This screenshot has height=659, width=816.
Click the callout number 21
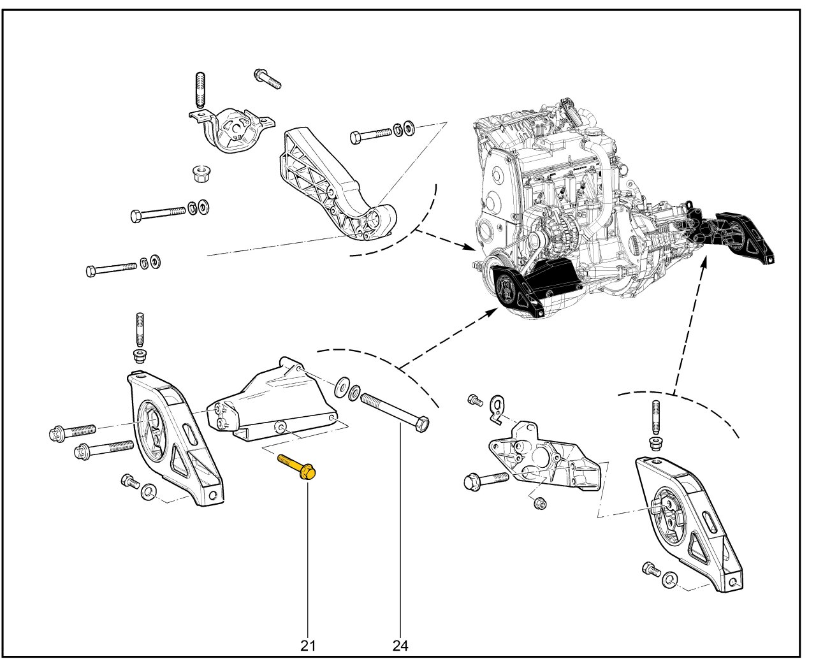point(309,645)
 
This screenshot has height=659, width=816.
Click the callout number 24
point(400,645)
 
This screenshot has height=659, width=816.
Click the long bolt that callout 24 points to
point(394,413)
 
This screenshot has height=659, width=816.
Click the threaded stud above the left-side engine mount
point(139,328)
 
